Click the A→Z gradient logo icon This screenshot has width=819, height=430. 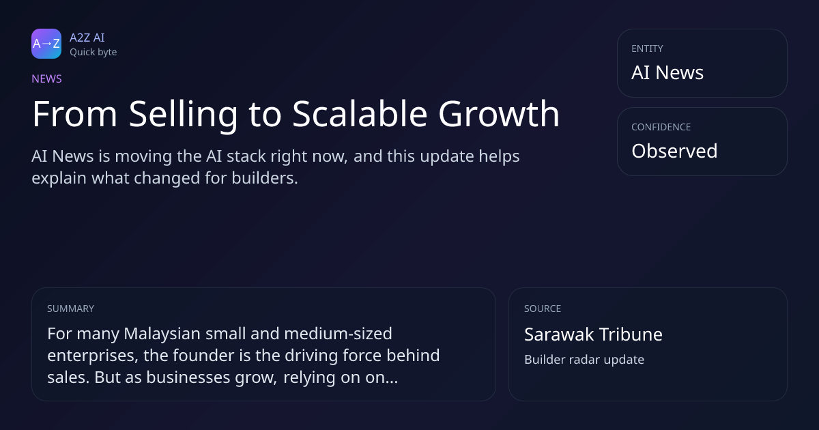pos(46,44)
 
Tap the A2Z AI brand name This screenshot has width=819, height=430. pos(87,38)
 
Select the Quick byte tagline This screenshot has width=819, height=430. pos(94,53)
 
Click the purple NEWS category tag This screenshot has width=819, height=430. pos(47,79)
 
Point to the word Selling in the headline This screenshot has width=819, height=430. pos(184,115)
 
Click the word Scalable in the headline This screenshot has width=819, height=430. pos(360,114)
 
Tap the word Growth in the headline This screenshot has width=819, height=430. pos(499,114)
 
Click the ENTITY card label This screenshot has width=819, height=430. pos(647,48)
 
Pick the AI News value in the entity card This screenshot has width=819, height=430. pos(667,72)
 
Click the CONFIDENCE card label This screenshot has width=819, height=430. pos(661,127)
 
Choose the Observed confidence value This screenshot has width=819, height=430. pos(674,151)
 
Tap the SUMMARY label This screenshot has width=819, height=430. pos(70,309)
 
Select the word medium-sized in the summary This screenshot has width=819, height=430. pos(338,334)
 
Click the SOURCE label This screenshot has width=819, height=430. pos(543,309)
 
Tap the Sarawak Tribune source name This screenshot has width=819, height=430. pos(593,334)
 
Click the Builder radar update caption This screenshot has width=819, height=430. pos(584,360)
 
